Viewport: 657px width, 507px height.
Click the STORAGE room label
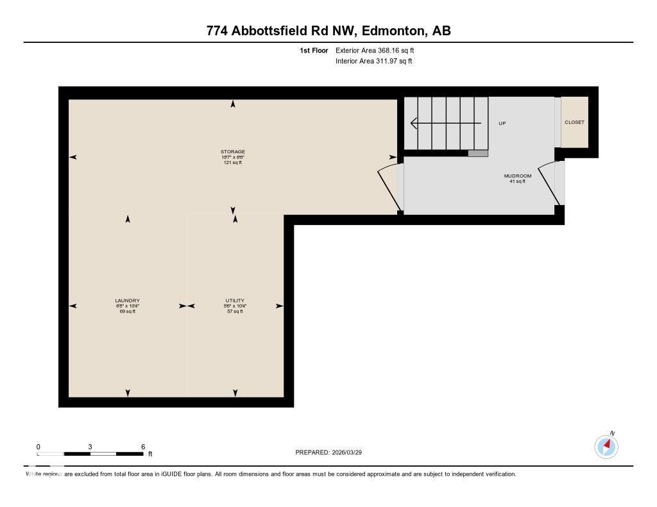coord(233,152)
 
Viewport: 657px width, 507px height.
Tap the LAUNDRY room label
coord(127,301)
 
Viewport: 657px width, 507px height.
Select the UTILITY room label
coord(234,301)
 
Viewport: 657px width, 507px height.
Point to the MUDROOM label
coord(517,176)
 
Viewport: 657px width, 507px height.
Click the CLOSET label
coord(574,122)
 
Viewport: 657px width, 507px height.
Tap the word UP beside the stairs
coord(502,123)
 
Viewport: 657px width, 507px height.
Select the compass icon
coord(606,446)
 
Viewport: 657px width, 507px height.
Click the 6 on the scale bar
coord(143,447)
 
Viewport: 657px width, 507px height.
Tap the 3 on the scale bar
coord(90,447)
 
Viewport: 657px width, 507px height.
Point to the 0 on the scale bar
coord(38,447)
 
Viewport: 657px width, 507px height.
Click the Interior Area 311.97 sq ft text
coord(373,62)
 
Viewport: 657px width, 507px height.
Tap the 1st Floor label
coord(314,50)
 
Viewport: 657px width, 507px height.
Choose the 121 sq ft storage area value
coord(232,162)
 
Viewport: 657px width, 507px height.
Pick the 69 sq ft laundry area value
coord(127,312)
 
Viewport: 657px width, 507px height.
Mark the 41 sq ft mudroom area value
coord(517,181)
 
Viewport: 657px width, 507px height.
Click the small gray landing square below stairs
coord(478,153)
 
